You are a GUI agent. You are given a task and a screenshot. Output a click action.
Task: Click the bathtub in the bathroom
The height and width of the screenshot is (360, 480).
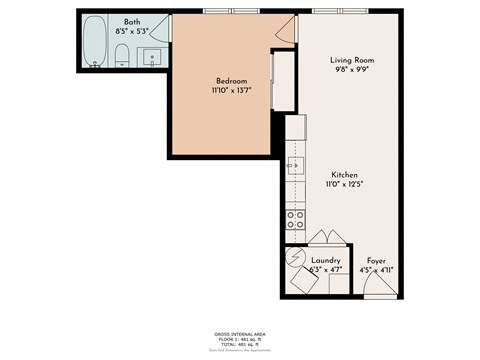pos(94,41)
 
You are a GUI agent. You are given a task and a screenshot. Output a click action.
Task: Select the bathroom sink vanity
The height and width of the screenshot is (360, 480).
pos(153,57)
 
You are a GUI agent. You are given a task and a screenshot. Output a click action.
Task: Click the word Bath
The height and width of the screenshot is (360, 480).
pos(132,22)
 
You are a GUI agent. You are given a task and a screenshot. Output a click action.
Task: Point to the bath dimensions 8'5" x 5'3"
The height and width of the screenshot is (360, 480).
pos(132,32)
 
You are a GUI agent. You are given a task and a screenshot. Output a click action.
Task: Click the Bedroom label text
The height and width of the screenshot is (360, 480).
pos(231,81)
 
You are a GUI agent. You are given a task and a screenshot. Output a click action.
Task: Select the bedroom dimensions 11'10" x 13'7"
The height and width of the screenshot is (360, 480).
pos(231,91)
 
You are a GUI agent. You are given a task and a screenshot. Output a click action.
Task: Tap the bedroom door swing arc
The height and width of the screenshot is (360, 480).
pos(286,29)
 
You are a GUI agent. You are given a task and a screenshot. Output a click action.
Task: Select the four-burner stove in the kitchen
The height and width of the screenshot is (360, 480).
pos(295,217)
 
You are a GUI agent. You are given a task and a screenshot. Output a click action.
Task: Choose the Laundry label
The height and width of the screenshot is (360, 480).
pos(326,260)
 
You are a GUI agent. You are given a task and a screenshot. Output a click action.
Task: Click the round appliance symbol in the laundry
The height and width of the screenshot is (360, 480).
pos(297,259)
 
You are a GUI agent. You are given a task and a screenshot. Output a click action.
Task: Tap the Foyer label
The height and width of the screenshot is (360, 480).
pos(377,260)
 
